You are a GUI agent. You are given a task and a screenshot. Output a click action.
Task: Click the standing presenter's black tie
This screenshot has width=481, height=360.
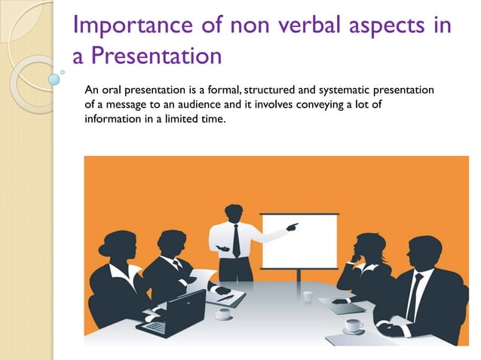(x=236, y=241)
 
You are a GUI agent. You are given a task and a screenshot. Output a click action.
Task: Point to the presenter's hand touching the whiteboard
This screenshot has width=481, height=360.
(x=293, y=224)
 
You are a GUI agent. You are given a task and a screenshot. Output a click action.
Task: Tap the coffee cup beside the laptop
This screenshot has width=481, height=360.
(x=223, y=313)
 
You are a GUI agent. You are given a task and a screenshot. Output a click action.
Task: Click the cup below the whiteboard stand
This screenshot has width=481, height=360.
(x=308, y=296)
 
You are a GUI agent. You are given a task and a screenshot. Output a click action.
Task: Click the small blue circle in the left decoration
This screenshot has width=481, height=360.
(x=54, y=77)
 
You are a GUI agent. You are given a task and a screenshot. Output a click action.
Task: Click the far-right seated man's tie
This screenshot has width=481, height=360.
(x=415, y=294)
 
